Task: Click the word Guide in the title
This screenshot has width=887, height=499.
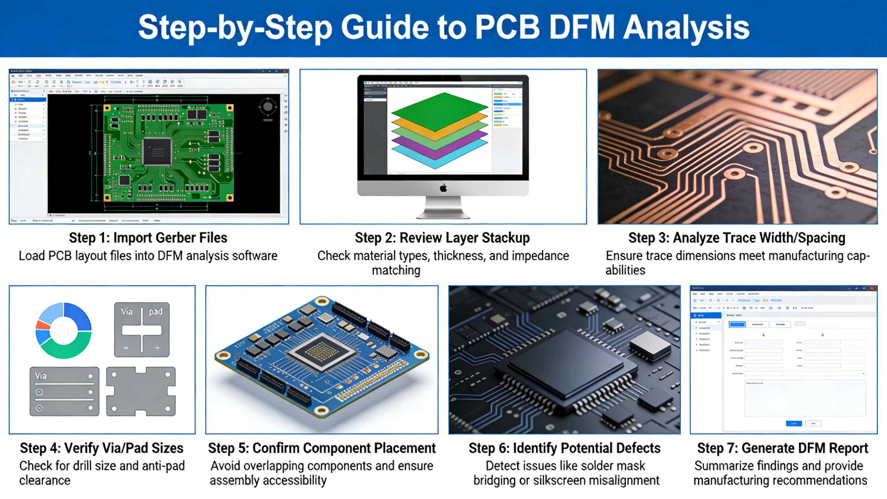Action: [x=385, y=28]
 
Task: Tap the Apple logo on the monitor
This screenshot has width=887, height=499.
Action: [x=443, y=188]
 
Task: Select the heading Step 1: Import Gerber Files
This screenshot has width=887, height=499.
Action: [x=148, y=238]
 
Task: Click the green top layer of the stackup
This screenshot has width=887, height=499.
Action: [x=439, y=110]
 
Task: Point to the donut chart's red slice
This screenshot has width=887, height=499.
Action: [x=43, y=325]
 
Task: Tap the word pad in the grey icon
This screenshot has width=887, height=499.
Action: [x=156, y=311]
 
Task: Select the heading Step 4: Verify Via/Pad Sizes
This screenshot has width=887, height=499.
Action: [x=102, y=448]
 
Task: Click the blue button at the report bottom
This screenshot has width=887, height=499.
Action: [x=793, y=423]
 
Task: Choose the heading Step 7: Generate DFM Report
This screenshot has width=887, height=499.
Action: [x=783, y=448]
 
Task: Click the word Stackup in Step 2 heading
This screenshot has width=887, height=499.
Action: [x=506, y=238]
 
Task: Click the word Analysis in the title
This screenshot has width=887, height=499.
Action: [x=686, y=28]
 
